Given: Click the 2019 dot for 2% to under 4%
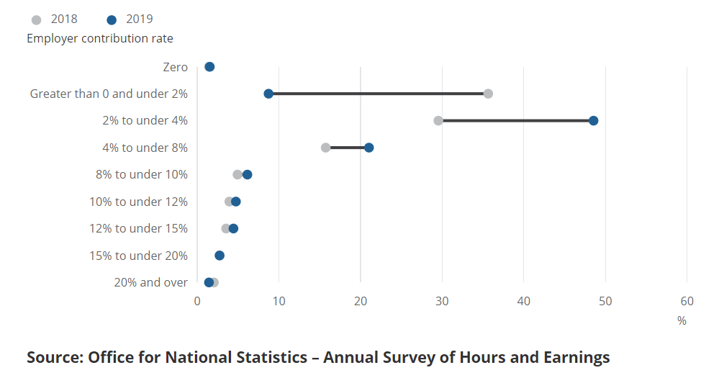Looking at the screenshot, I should click(x=593, y=120).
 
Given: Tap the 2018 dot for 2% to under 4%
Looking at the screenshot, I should click(x=438, y=120).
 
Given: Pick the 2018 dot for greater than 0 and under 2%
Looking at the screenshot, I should click(x=488, y=94).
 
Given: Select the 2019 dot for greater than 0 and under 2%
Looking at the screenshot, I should click(x=268, y=94).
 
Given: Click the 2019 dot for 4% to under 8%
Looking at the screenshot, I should click(x=368, y=148).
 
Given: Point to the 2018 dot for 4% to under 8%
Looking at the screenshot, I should click(x=325, y=148).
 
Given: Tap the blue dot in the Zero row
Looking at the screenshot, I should click(x=209, y=67).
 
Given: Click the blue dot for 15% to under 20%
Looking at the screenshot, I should click(x=220, y=256).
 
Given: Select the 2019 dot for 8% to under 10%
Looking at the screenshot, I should click(x=247, y=174).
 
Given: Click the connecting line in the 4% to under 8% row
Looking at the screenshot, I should click(x=347, y=148).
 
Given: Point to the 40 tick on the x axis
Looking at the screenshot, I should click(x=524, y=301).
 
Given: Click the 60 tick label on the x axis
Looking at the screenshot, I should click(x=687, y=301).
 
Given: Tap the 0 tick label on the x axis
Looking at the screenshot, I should click(x=197, y=301).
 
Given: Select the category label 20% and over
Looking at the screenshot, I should click(x=150, y=282).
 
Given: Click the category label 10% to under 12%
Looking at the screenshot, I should click(x=138, y=202).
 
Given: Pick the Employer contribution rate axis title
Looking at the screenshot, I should click(x=100, y=38).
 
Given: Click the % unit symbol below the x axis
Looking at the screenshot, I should click(x=682, y=321).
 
